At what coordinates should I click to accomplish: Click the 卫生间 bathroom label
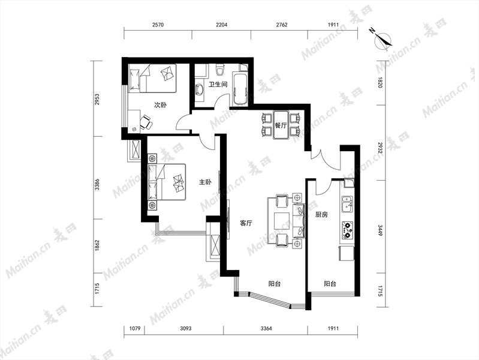click(x=218, y=84)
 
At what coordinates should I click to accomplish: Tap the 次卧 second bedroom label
click(x=160, y=105)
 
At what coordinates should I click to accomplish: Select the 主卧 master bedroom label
click(x=205, y=182)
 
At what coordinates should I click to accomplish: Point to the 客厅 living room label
click(x=246, y=223)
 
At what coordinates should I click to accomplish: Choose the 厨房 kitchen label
click(x=321, y=214)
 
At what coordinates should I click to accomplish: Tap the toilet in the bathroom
click(x=219, y=70)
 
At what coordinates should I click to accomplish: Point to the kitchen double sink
click(x=347, y=204)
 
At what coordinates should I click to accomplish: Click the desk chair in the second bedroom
click(x=146, y=121)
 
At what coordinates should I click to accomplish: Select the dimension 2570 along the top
click(x=158, y=25)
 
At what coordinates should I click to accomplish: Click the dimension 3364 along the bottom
click(x=266, y=328)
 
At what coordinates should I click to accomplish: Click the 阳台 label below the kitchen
click(x=330, y=284)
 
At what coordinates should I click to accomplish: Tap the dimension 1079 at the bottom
click(x=135, y=328)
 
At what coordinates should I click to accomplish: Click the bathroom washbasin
click(x=199, y=89)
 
